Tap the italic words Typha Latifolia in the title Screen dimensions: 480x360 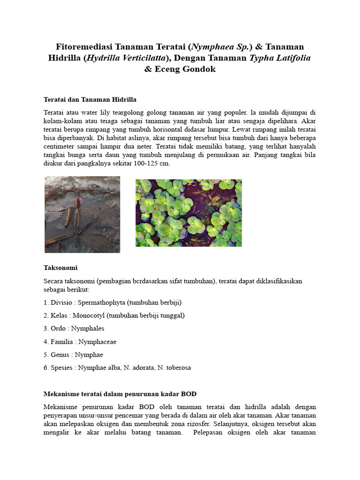pyautogui.click(x=280, y=58)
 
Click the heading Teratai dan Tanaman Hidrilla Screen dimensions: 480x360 pyautogui.click(x=90, y=99)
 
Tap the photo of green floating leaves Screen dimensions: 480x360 pyautogui.click(x=188, y=213)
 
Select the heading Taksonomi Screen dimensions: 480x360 pyautogui.click(x=60, y=268)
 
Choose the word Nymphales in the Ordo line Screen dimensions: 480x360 pyautogui.click(x=88, y=329)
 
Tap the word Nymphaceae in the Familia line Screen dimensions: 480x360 pyautogui.click(x=97, y=342)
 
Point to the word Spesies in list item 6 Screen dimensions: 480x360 pyautogui.click(x=61, y=368)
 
